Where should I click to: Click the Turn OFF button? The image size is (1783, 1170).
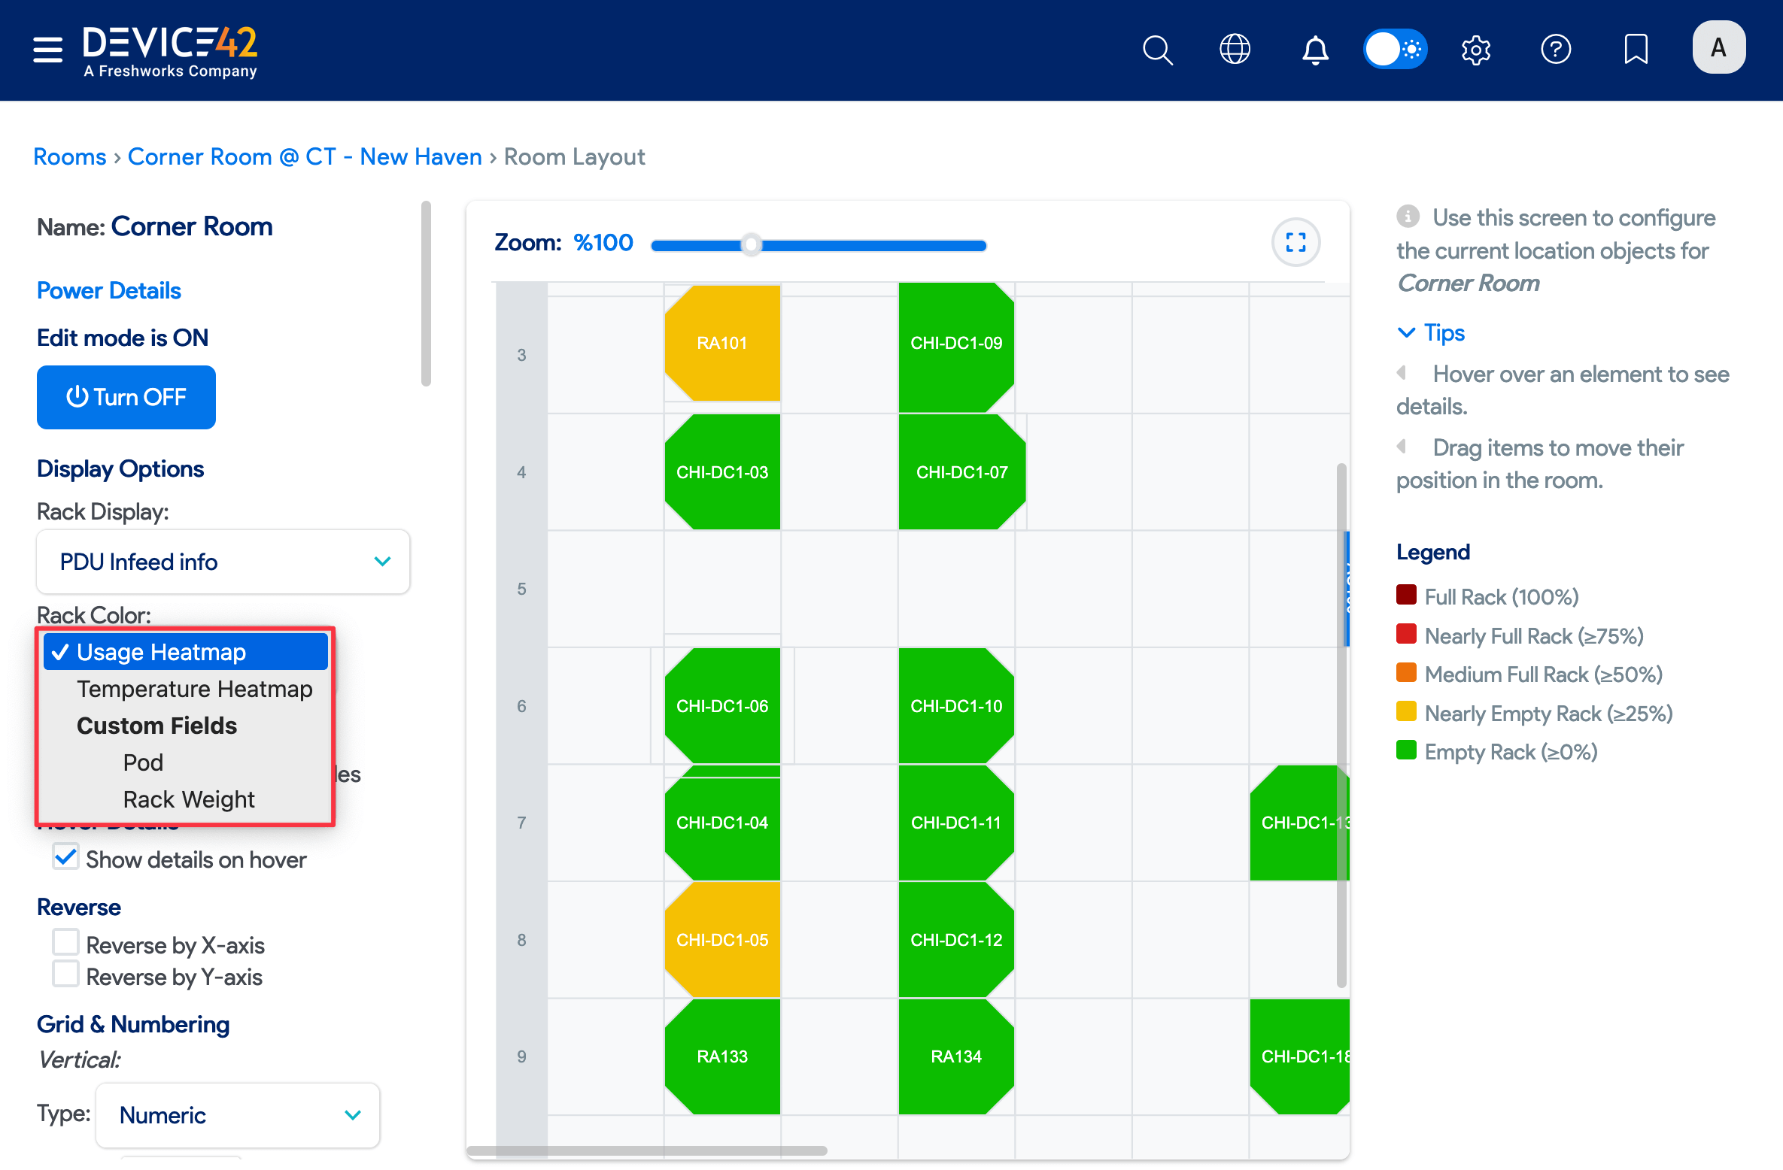coord(126,397)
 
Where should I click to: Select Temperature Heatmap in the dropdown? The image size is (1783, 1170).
coord(194,689)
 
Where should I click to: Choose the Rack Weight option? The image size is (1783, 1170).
coord(188,799)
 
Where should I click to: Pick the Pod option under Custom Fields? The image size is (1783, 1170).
coord(143,762)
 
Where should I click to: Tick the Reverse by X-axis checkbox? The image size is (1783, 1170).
coord(66,942)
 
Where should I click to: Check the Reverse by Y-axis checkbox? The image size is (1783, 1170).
coord(66,974)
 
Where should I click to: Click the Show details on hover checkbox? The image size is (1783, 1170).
coord(66,856)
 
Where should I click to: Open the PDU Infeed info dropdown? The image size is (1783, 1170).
coord(223,562)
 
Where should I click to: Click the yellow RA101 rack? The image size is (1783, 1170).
coord(722,343)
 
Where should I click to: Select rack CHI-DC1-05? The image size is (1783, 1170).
coord(722,940)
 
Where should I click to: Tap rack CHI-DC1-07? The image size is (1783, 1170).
coord(961,472)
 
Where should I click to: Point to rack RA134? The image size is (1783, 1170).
coord(956,1056)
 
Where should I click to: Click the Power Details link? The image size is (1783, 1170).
coord(109,290)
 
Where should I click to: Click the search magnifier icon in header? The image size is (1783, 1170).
coord(1157,50)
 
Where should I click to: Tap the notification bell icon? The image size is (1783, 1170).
coord(1315,50)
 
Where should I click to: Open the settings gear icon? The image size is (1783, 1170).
coord(1476,50)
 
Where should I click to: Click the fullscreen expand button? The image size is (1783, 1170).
coord(1295,242)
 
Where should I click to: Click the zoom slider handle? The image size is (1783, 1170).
coord(751,245)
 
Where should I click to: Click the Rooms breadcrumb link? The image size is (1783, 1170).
coord(70,156)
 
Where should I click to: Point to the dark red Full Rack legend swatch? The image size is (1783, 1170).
coord(1406,596)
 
